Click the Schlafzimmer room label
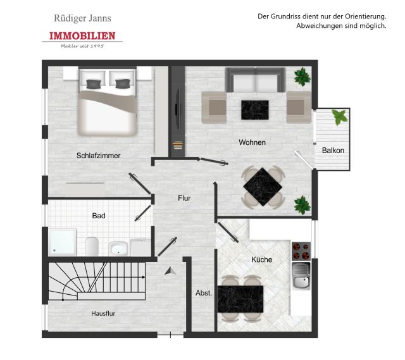[99, 156]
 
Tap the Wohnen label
[252, 142]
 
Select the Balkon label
[333, 151]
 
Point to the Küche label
[261, 259]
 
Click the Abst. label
[204, 293]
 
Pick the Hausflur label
[103, 313]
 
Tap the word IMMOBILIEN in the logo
[82, 36]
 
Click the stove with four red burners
[301, 251]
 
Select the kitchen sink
[301, 275]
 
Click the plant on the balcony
[340, 116]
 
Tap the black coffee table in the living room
[255, 110]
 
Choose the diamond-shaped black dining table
[263, 187]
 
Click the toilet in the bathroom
[92, 246]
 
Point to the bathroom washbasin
[118, 248]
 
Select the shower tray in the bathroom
[63, 242]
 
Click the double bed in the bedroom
[108, 102]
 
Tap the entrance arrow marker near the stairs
[170, 271]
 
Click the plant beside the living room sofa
[302, 77]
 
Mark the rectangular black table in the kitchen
[240, 299]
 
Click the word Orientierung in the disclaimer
[365, 16]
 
